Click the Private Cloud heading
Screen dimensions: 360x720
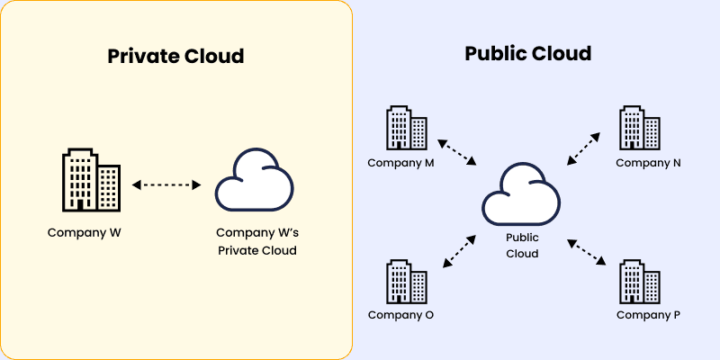pos(176,56)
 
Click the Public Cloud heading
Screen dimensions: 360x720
pos(527,53)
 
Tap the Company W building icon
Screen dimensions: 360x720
pos(90,180)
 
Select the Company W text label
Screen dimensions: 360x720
pos(85,232)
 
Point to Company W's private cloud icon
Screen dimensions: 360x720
pos(255,181)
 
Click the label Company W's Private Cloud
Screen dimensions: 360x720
pos(256,241)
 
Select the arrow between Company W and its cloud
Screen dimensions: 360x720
pos(167,184)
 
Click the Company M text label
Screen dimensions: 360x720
pos(400,163)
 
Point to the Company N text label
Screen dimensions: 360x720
pos(648,163)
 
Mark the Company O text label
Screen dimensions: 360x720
pos(400,315)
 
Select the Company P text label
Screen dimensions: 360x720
pos(648,315)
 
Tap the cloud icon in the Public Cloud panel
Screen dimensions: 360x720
pos(521,193)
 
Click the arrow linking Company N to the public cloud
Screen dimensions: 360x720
pos(583,148)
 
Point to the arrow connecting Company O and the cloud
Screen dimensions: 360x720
pos(460,251)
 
